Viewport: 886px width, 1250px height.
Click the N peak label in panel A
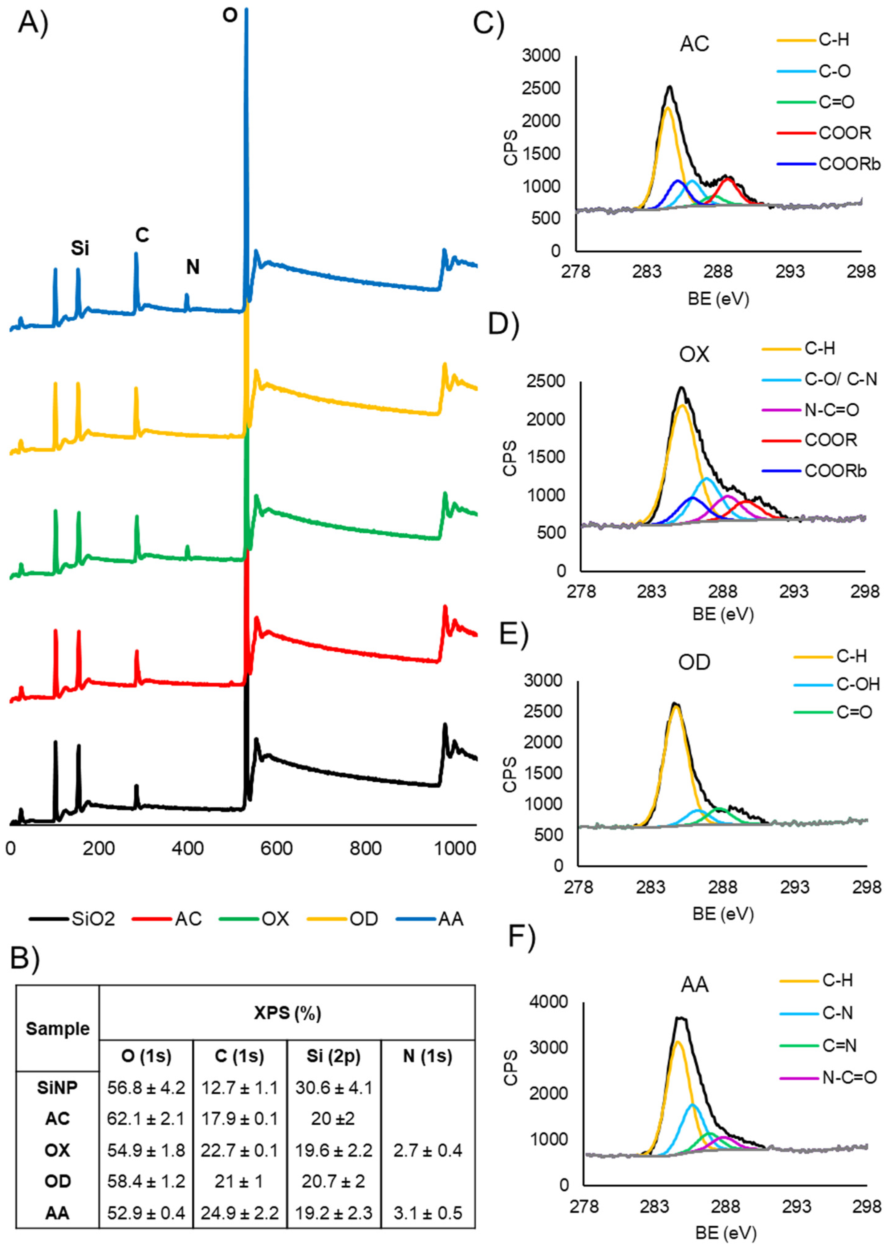(x=193, y=267)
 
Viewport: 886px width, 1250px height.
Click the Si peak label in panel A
(x=80, y=249)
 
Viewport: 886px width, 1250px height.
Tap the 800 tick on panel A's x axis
(x=366, y=849)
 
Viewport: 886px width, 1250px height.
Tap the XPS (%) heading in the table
(x=287, y=1013)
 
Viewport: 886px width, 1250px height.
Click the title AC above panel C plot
(x=694, y=44)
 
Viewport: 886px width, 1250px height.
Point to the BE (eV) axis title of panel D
(x=723, y=615)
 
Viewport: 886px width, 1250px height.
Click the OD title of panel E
(x=694, y=662)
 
